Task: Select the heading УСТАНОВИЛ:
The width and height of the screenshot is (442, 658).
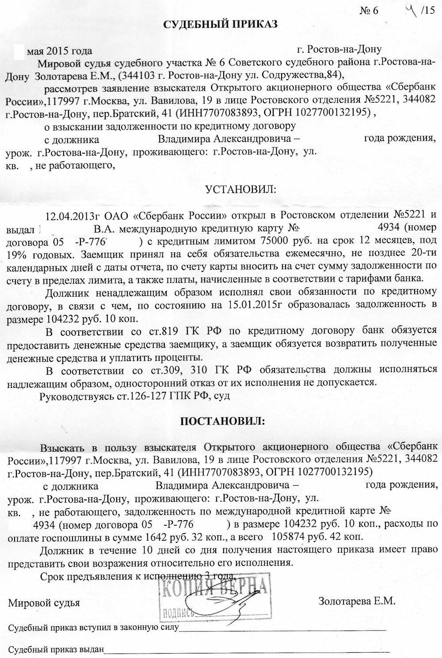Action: pos(239,190)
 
